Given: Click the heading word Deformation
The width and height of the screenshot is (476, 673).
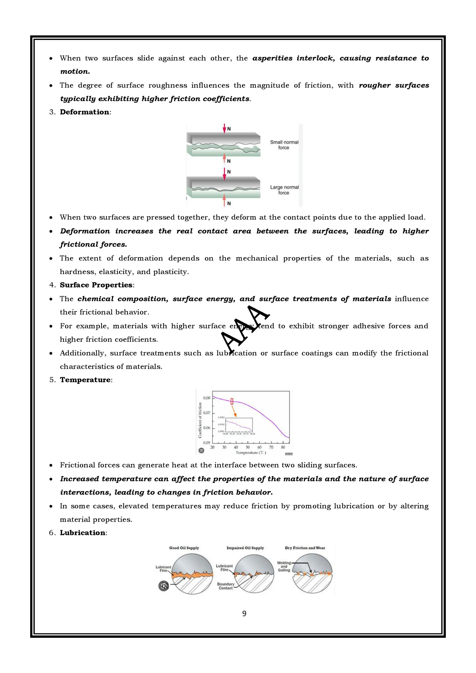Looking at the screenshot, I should [x=84, y=112].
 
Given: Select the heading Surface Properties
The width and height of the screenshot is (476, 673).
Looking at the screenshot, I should [x=96, y=285].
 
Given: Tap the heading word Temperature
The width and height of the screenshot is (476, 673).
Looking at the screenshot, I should [x=85, y=380].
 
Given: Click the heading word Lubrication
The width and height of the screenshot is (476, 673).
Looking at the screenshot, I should [x=83, y=533].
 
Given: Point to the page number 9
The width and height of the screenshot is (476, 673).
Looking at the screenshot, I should [x=244, y=614].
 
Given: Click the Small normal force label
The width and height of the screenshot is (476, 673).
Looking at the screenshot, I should [x=284, y=145].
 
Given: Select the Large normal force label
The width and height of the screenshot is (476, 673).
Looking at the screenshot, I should [x=284, y=190].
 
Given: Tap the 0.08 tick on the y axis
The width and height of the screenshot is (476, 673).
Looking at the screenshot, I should [x=207, y=398].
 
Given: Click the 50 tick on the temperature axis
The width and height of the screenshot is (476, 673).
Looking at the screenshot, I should [x=248, y=447].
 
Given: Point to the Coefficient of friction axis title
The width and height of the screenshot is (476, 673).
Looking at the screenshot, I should [x=200, y=420].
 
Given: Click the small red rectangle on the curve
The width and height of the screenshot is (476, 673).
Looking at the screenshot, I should [x=232, y=401].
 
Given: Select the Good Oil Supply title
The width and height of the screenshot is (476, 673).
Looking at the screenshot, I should [x=184, y=548].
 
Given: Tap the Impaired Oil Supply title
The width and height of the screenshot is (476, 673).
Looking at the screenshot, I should [x=245, y=548].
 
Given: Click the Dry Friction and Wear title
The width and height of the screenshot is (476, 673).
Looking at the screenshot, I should [x=305, y=548].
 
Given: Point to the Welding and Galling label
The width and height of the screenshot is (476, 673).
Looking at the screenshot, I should [x=284, y=566].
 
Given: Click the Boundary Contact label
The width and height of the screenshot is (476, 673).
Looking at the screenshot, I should [x=225, y=586].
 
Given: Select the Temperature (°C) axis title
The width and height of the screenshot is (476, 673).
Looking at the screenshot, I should [x=251, y=453].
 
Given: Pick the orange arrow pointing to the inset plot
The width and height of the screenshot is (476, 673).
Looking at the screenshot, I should [x=234, y=411].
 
